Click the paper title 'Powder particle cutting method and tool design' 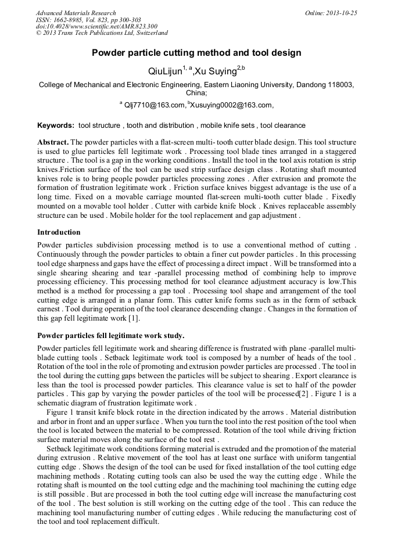pyautogui.click(x=196, y=53)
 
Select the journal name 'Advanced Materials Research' pyautogui.click(x=76, y=13)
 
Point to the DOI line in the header pyautogui.click(x=96, y=27)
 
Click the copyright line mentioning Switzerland pyautogui.click(x=102, y=33)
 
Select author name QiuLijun pyautogui.click(x=164, y=72)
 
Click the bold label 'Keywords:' pyautogui.click(x=56, y=125)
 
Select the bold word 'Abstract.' pyautogui.click(x=53, y=142)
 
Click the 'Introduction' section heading pyautogui.click(x=59, y=232)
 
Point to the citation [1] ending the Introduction pyautogui.click(x=132, y=318)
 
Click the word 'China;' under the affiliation pyautogui.click(x=196, y=93)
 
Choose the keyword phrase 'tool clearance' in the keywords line pyautogui.click(x=283, y=125)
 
